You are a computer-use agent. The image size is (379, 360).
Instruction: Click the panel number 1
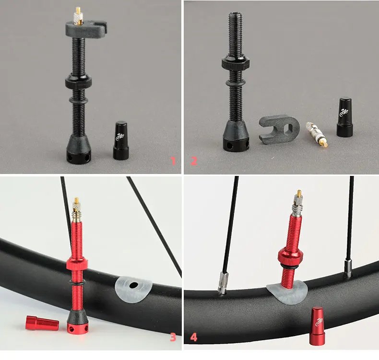(173, 161)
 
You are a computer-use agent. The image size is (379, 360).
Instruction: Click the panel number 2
(194, 161)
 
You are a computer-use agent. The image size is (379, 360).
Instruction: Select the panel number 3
(173, 337)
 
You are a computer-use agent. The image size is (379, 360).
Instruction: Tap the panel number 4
(194, 337)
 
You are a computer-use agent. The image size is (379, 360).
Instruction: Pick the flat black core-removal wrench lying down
(280, 128)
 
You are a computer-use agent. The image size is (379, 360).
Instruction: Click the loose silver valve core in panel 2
(317, 134)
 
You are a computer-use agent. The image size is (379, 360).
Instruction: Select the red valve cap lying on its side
(42, 324)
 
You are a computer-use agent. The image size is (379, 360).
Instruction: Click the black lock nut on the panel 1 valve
(78, 81)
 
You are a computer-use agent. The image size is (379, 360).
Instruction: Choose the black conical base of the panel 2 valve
(236, 137)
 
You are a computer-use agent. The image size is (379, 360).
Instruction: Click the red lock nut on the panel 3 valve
(76, 263)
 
